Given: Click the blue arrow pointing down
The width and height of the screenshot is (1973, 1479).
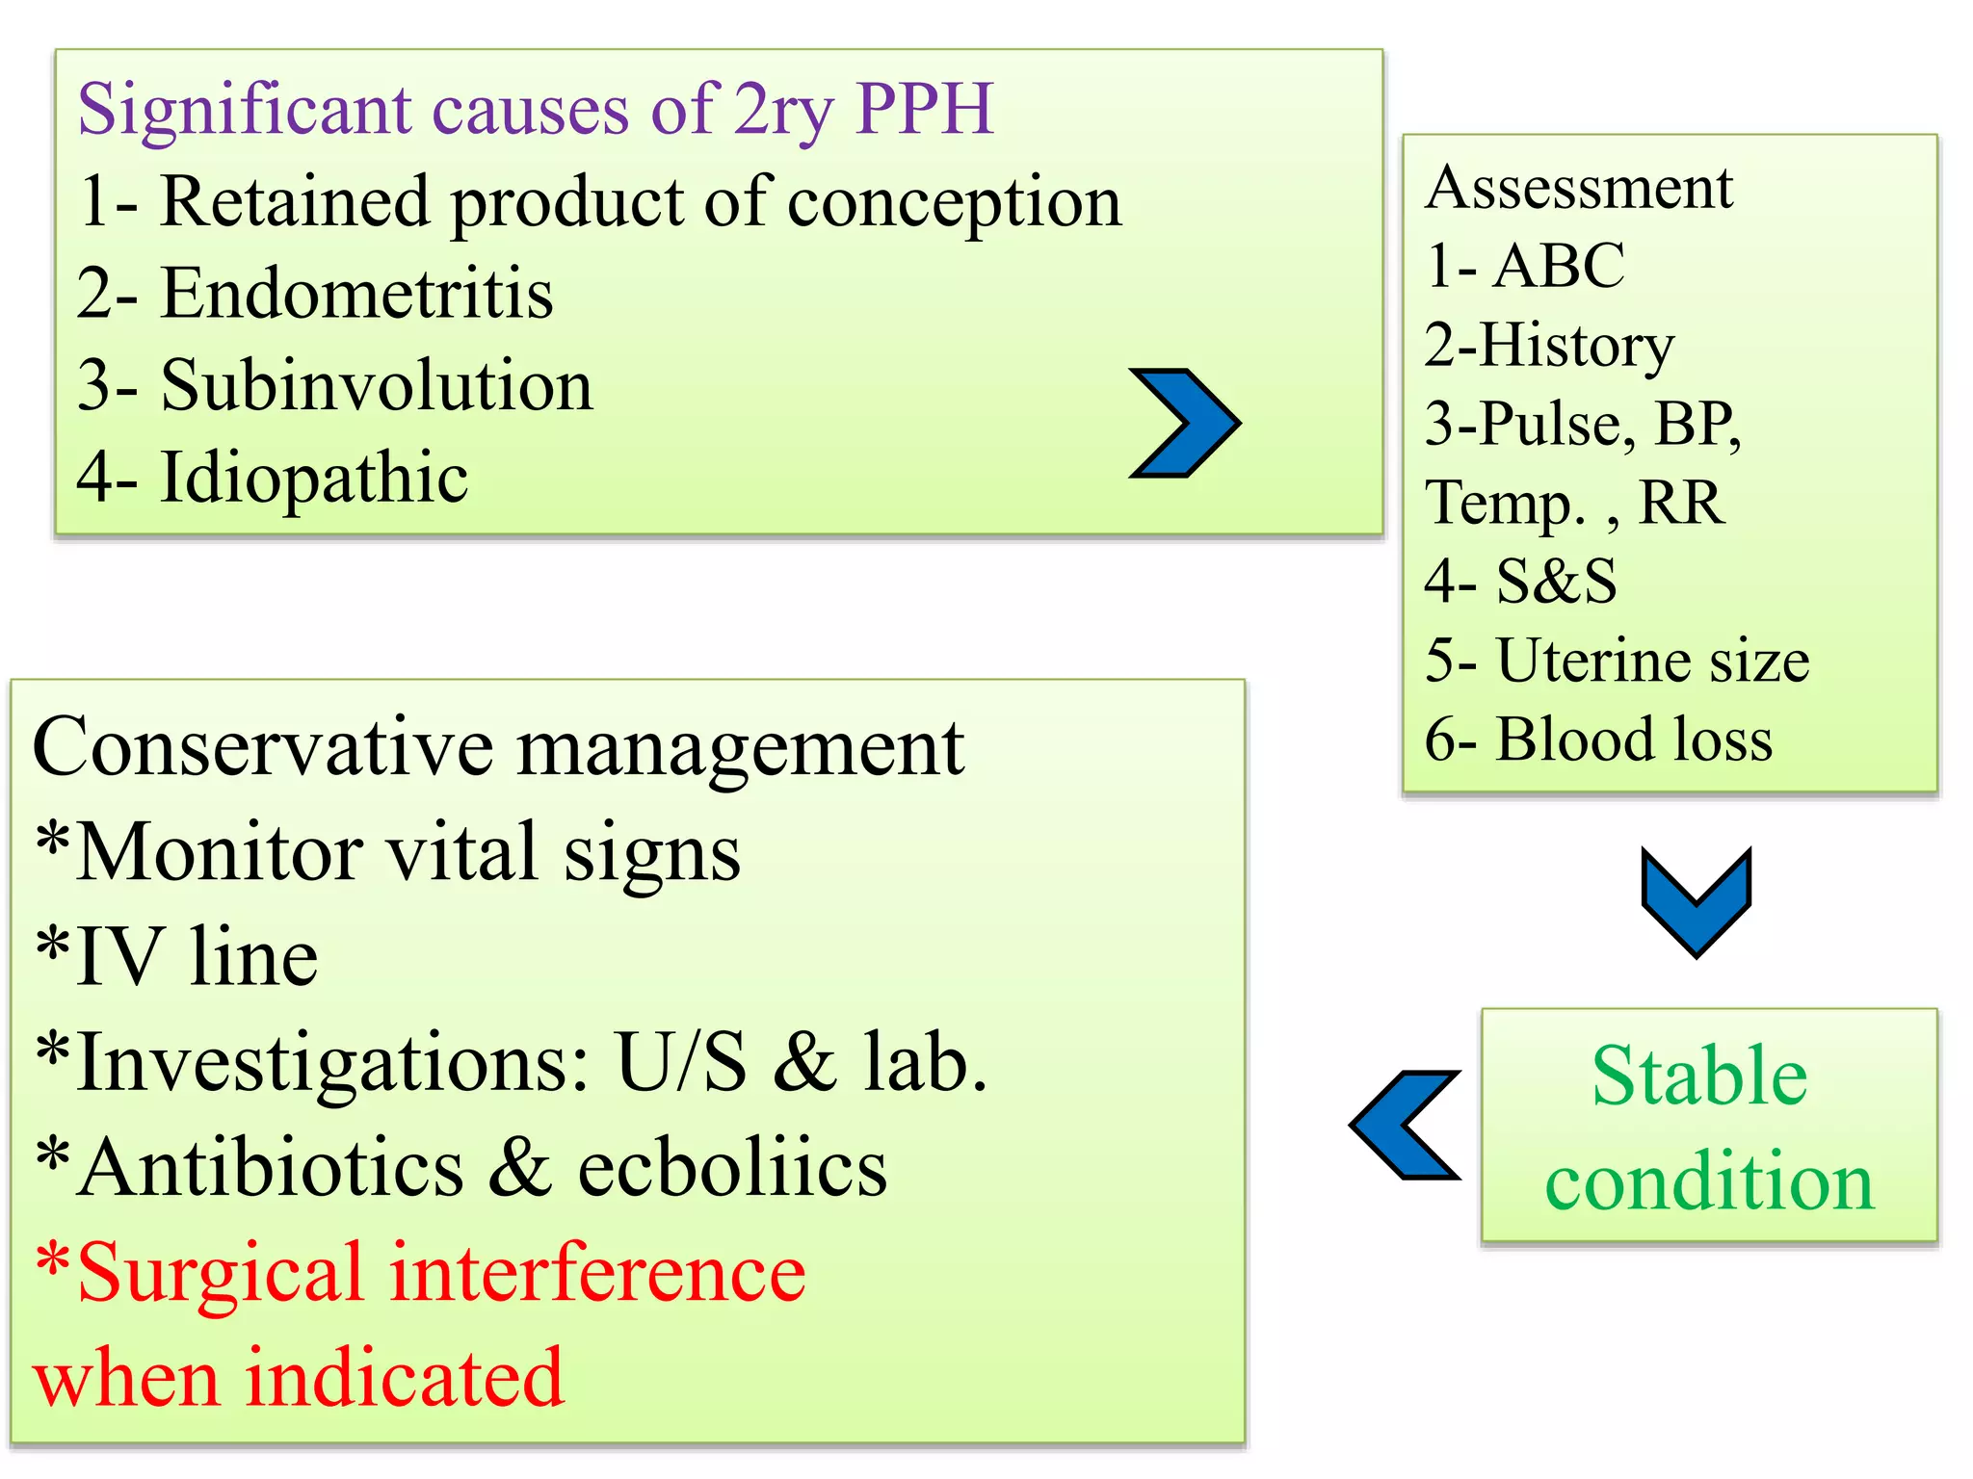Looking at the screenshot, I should pyautogui.click(x=1696, y=900).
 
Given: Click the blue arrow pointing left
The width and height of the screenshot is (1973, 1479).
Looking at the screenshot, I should pyautogui.click(x=1406, y=1125).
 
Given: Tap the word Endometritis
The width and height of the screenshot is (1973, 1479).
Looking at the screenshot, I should pyautogui.click(x=356, y=293).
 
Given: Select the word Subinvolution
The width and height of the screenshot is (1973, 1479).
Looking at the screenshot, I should pyautogui.click(x=377, y=385).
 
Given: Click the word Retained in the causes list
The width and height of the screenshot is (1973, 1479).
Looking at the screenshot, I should pyautogui.click(x=294, y=201).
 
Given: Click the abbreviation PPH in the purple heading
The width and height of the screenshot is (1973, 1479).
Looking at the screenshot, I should pyautogui.click(x=924, y=109).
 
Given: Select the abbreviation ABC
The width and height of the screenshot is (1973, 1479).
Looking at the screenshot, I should pyautogui.click(x=1559, y=265).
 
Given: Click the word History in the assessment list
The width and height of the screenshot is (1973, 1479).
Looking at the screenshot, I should pyautogui.click(x=1577, y=345).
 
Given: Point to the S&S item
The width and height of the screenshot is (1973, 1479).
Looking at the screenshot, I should pyautogui.click(x=1556, y=581).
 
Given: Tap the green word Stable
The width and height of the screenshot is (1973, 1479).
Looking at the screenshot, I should pyautogui.click(x=1699, y=1076).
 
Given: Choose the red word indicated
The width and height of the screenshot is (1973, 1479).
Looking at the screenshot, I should pyautogui.click(x=405, y=1378).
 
